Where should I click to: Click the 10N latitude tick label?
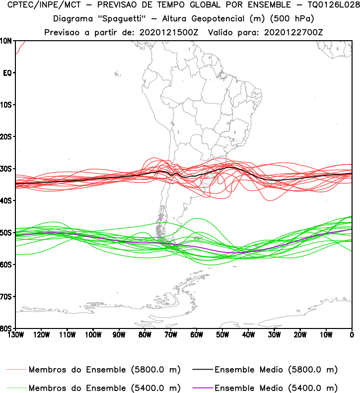pos(7,41)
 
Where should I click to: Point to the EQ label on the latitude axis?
pos(7,73)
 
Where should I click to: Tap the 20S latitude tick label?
pos(7,136)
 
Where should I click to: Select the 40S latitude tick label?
pos(7,200)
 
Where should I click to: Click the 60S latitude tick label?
pos(7,264)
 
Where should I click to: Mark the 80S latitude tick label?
pos(7,328)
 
